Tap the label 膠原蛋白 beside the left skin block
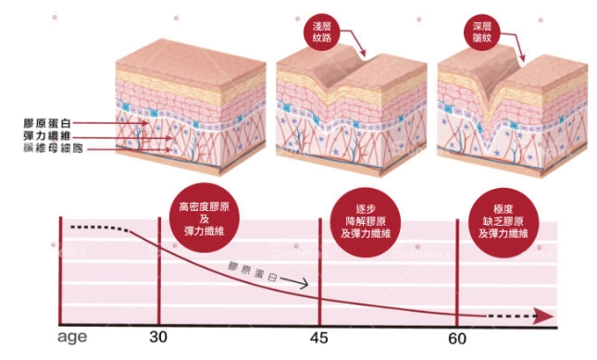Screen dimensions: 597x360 [51, 122]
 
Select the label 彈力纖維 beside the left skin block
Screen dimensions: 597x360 [51, 135]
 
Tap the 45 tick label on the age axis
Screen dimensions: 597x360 [319, 338]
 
